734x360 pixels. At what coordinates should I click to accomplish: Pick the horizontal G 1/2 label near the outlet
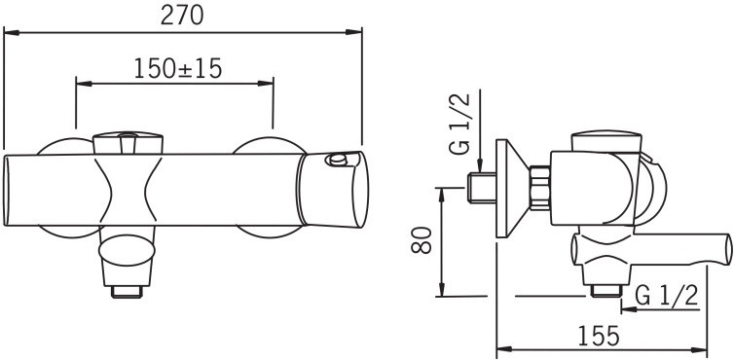(x=668, y=295)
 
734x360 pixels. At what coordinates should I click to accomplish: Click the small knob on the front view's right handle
(x=337, y=160)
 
